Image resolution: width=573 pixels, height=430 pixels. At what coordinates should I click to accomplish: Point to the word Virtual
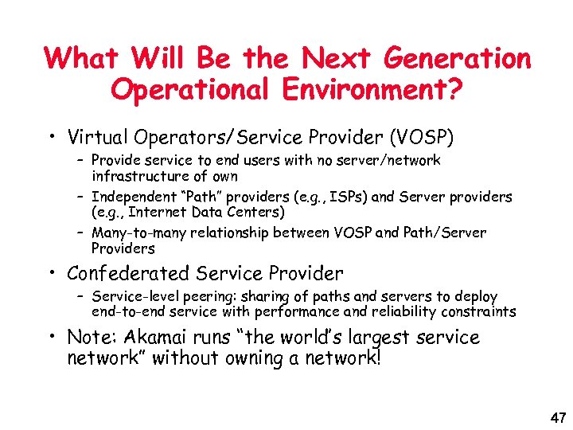coord(95,138)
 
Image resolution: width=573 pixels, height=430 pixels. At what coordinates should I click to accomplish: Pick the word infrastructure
coord(141,176)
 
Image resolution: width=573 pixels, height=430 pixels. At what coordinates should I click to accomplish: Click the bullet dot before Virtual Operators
coord(52,139)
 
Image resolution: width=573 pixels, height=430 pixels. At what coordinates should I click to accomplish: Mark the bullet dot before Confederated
coord(52,275)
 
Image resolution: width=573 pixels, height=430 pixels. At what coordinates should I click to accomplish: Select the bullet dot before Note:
coord(52,338)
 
